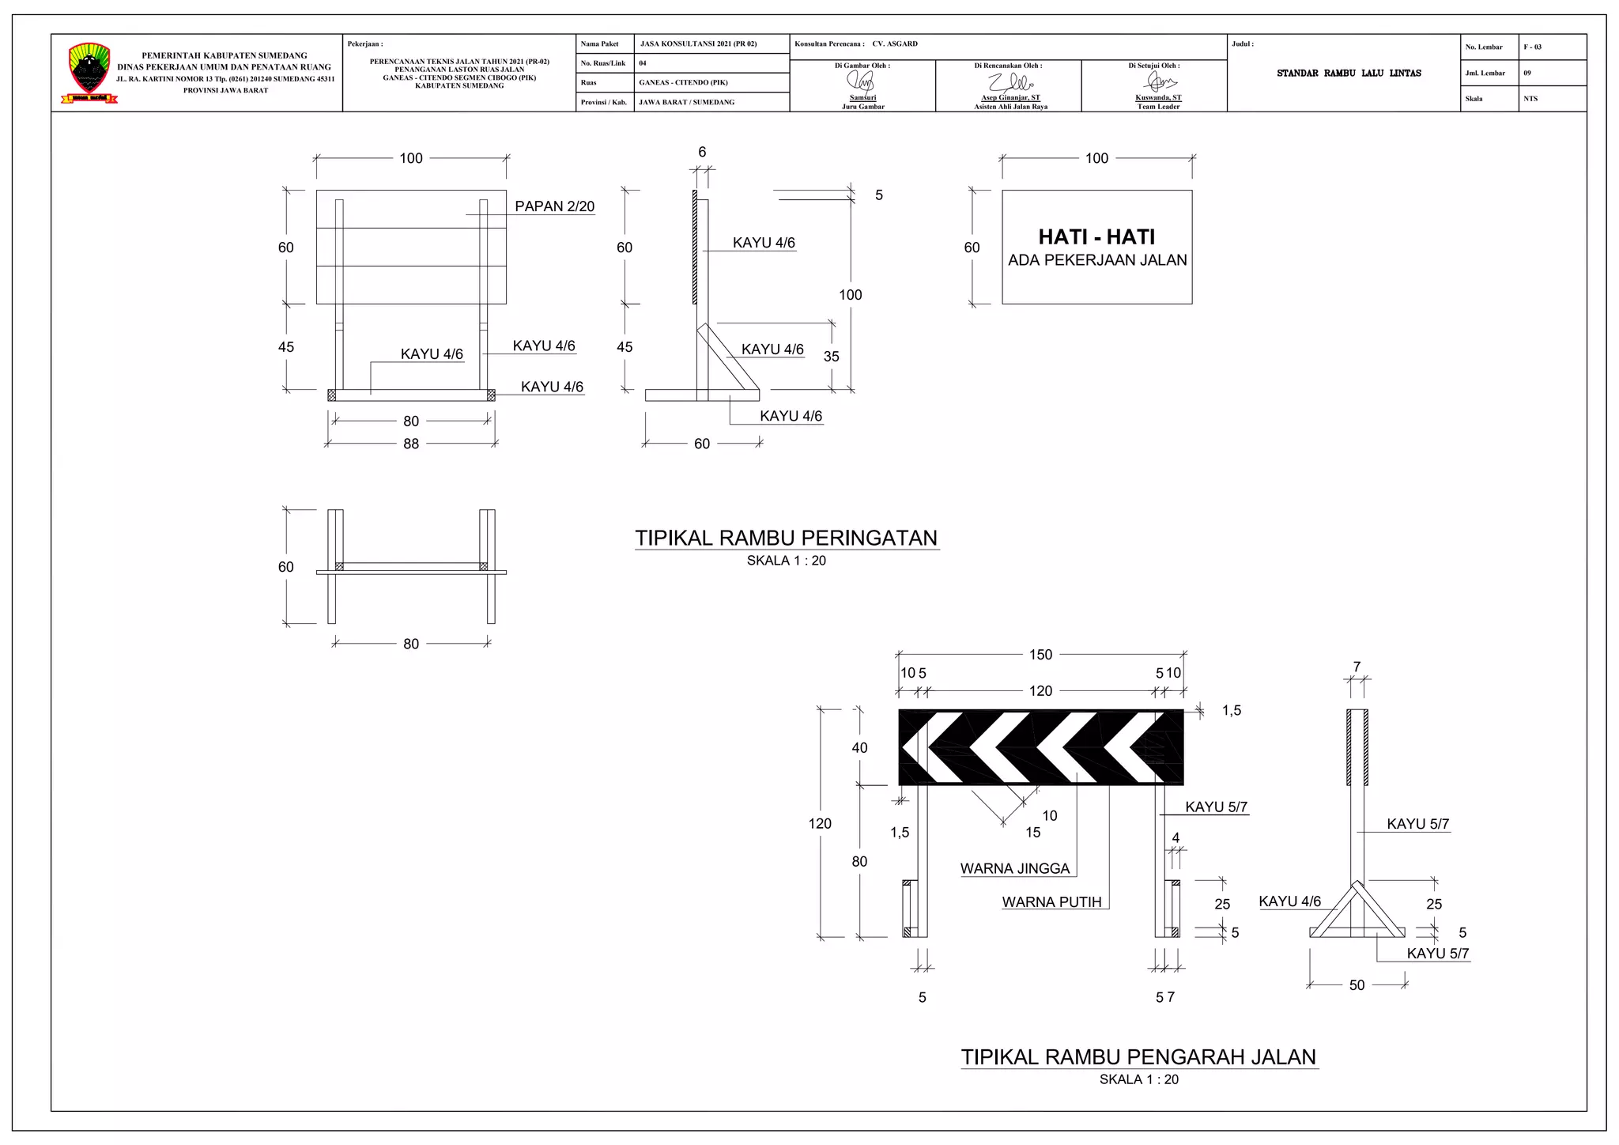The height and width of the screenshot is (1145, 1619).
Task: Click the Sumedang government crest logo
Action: coord(89,71)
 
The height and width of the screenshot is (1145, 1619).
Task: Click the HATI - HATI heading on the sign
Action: coord(1096,236)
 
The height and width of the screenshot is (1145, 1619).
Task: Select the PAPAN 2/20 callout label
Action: coord(554,206)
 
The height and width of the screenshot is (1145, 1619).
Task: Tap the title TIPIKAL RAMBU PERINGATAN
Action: coord(787,538)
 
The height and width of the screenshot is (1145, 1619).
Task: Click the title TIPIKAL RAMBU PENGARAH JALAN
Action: coord(1138,1057)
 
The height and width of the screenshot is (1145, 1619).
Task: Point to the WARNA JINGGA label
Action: coord(1014,868)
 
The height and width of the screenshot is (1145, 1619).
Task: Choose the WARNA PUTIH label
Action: coord(1051,902)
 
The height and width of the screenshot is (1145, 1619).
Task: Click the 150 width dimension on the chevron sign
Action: coord(1040,655)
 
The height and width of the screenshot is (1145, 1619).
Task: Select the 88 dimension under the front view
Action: coord(411,444)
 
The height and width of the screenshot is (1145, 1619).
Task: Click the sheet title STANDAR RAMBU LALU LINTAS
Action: coord(1349,74)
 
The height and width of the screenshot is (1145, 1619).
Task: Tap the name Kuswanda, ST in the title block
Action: coord(1158,98)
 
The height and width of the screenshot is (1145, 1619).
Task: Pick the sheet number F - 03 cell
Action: coord(1532,47)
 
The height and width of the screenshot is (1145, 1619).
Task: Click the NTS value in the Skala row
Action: coord(1530,99)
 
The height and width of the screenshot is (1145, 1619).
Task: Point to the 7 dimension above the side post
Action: coord(1357,667)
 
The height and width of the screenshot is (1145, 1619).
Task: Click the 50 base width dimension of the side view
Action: coord(1357,985)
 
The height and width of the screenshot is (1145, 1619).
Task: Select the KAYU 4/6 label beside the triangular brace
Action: coord(1289,901)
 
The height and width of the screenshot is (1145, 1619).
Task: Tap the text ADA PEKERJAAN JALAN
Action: coord(1097,260)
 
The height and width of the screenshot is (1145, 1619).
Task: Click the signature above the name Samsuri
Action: coord(862,81)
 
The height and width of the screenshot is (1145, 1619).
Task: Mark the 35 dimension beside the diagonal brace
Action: coord(831,357)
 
